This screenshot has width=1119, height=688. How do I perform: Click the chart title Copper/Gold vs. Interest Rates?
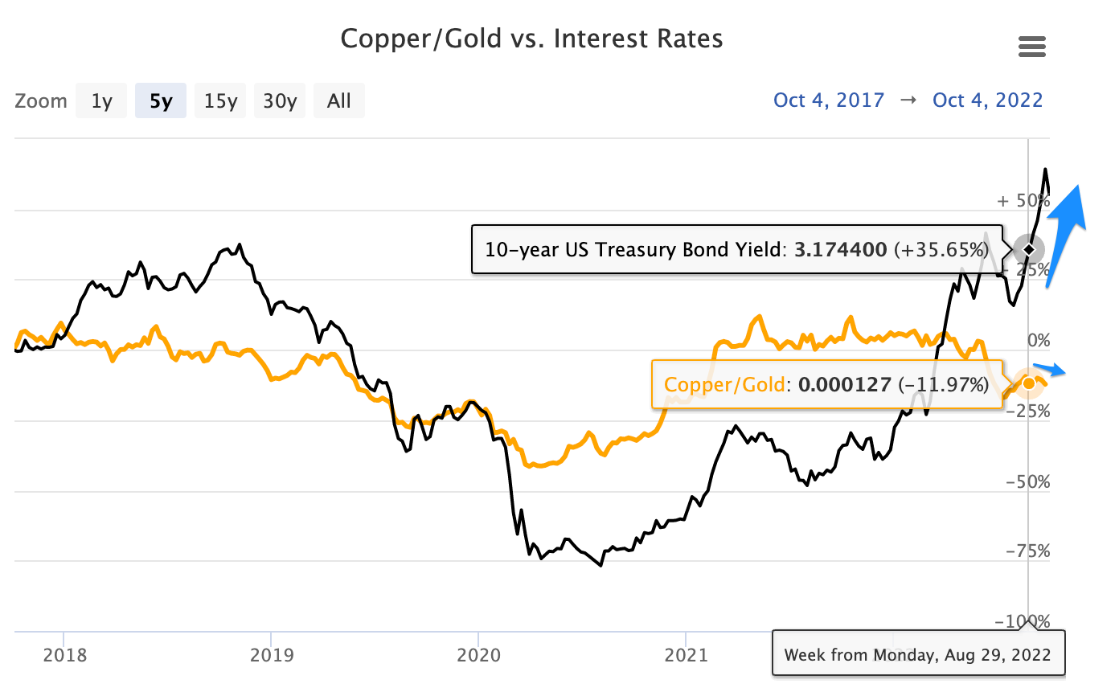[x=531, y=39]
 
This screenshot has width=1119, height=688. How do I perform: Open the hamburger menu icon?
[x=1032, y=47]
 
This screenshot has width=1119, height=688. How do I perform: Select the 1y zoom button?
[x=101, y=101]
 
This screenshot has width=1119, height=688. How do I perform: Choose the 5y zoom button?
[x=161, y=101]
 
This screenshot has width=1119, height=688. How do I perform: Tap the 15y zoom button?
[x=220, y=101]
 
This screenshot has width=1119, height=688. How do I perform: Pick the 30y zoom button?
[x=280, y=101]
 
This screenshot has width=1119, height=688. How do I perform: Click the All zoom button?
[x=339, y=101]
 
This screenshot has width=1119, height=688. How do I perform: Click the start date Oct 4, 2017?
[x=829, y=100]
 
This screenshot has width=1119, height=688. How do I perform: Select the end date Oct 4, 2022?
[x=987, y=100]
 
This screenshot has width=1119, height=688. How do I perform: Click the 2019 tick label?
[x=271, y=655]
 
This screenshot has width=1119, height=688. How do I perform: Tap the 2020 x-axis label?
[x=478, y=655]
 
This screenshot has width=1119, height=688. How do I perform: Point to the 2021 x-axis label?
[x=686, y=655]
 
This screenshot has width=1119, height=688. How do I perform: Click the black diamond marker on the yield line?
[x=1028, y=249]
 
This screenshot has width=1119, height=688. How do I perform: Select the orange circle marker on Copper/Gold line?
[x=1028, y=383]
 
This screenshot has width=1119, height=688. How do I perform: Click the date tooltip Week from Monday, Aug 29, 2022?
[x=917, y=653]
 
